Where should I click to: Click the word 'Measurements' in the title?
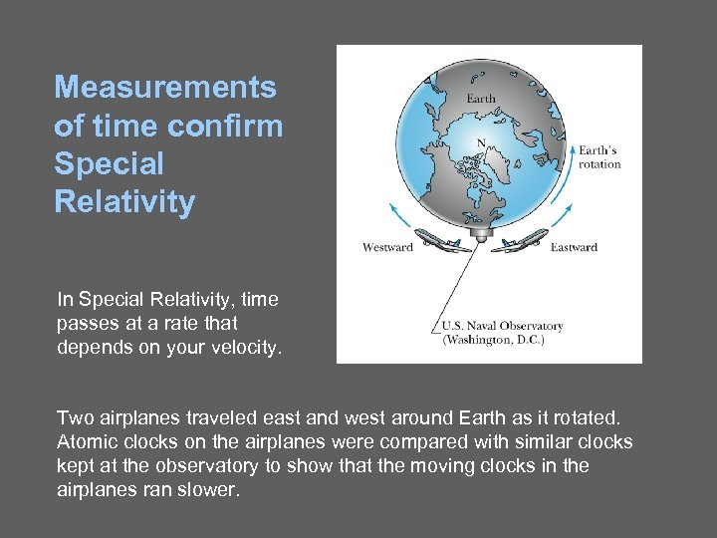[164, 88]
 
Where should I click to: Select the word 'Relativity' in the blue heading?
[124, 202]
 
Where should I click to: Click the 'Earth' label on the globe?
[481, 99]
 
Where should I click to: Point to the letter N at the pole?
[481, 143]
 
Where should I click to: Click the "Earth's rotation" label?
[599, 157]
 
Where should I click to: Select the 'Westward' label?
[387, 247]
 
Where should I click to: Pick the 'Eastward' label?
[574, 247]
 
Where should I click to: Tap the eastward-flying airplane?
[524, 239]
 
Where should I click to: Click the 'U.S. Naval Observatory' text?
[503, 326]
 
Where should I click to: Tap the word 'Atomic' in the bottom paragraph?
[88, 441]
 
